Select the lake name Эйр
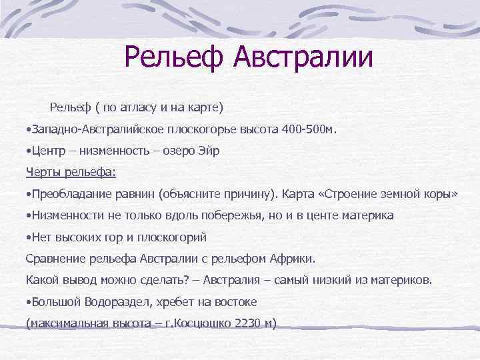coord(208,151)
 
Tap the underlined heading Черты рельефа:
coord(71,173)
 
